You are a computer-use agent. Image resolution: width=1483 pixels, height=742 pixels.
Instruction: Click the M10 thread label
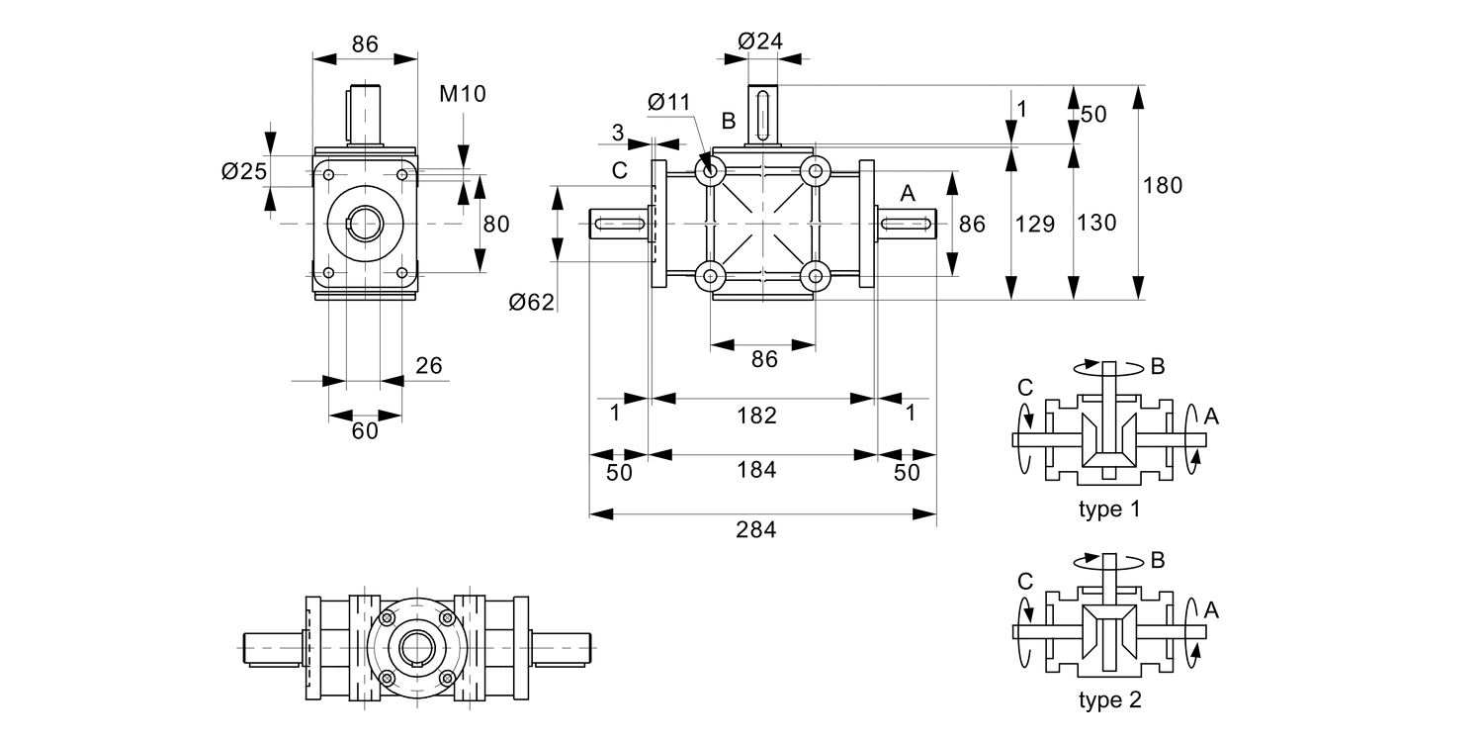tap(462, 94)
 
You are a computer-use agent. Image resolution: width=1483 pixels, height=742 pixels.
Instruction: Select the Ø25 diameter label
tap(243, 171)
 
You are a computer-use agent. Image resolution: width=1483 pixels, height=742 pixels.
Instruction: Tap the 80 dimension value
tap(495, 225)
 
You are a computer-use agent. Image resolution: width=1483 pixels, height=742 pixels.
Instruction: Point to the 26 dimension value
tap(428, 366)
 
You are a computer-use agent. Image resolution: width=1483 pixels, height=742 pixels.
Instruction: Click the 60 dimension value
tap(365, 431)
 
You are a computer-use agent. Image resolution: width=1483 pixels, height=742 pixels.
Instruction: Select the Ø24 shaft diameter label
tap(760, 41)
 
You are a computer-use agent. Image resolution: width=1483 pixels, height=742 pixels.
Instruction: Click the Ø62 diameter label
tap(532, 303)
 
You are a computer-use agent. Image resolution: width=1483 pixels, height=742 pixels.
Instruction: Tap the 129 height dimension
tap(1037, 224)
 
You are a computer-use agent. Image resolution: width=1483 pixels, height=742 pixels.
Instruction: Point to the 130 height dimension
tap(1095, 223)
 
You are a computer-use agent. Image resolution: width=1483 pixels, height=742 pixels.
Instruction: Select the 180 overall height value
tap(1163, 185)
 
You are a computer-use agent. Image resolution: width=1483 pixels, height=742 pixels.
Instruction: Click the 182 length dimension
tap(757, 416)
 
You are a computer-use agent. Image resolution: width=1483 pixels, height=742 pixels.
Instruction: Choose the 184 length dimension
tap(757, 470)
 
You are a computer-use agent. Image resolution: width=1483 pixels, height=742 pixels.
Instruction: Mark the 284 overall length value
tap(756, 529)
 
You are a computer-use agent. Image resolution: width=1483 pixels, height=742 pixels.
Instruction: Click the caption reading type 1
tap(1108, 510)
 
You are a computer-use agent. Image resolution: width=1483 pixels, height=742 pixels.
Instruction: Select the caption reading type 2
tap(1108, 701)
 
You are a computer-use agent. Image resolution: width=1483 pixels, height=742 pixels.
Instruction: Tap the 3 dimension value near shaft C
tap(617, 133)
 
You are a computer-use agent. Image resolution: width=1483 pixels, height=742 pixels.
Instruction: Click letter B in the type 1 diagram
tap(1158, 366)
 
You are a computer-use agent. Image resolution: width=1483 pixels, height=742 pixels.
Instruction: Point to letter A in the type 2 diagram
tap(1212, 610)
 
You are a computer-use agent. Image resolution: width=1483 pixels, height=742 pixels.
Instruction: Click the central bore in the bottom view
tap(416, 647)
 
